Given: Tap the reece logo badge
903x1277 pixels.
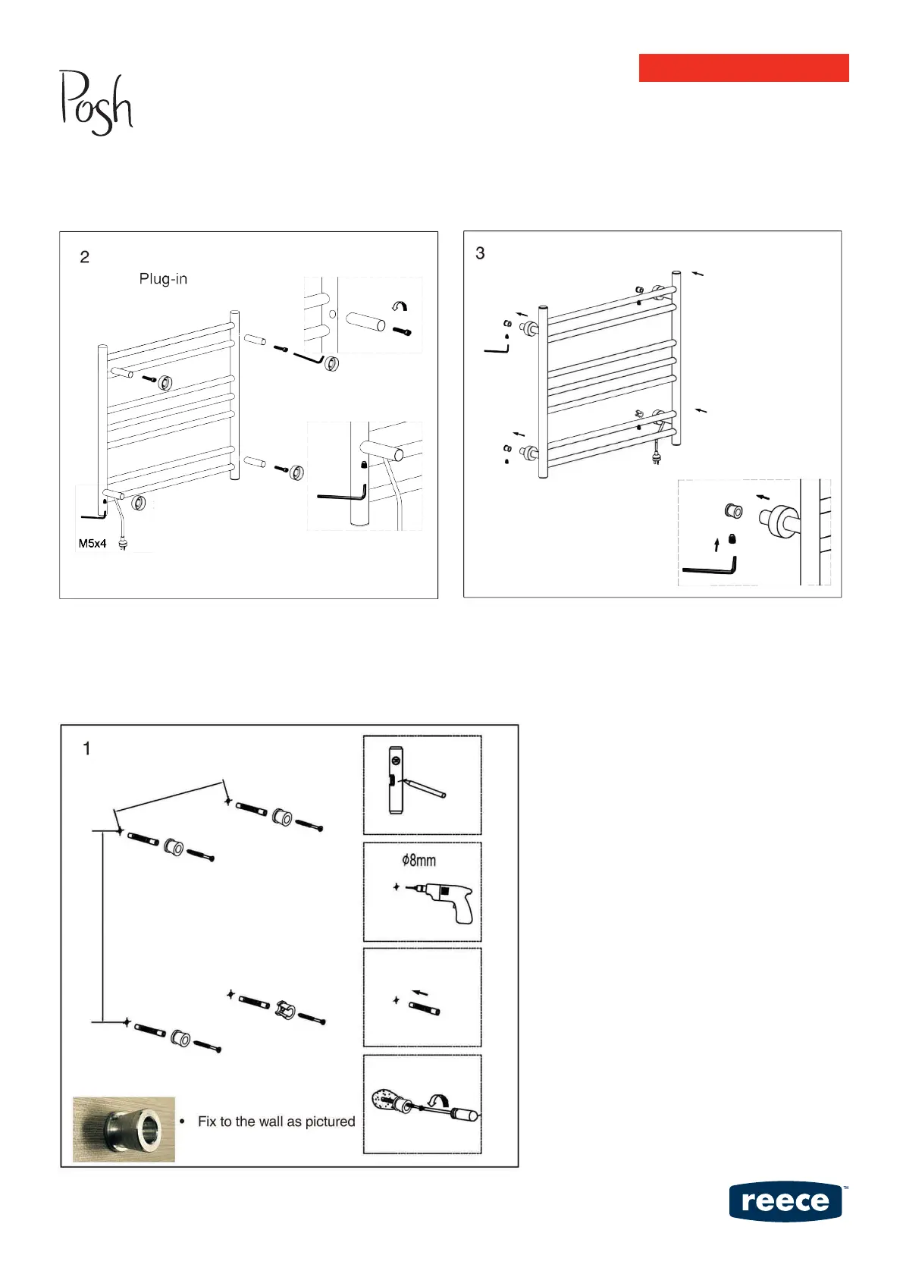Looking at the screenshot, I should point(785,1202).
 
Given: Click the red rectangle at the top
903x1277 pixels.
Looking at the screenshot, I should point(743,67).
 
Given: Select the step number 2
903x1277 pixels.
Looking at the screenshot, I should point(84,257).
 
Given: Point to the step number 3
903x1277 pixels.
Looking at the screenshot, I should point(480,253).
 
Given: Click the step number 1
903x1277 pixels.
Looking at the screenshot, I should point(86,749).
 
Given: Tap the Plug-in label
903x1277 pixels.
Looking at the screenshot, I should point(163,279).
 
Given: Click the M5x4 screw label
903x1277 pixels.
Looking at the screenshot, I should point(92,544).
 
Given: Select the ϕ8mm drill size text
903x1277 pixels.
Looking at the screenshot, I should point(419,861).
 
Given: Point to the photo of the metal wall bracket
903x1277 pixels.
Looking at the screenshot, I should point(124,1129).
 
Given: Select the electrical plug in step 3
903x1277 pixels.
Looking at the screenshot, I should point(657,458).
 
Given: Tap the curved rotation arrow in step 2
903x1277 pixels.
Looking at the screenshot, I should point(399,306).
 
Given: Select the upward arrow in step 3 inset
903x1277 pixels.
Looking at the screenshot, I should point(716,544).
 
